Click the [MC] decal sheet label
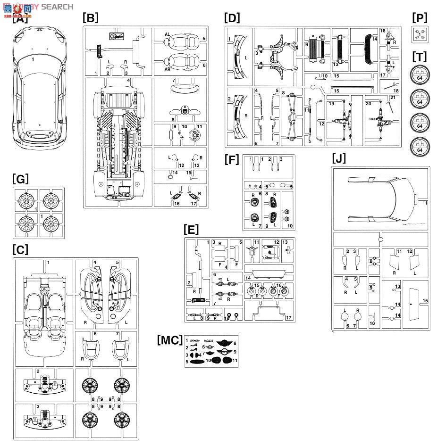click(x=169, y=340)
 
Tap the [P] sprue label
click(x=419, y=18)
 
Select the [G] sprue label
click(x=21, y=179)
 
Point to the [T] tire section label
click(x=419, y=57)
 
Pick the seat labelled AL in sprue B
click(x=177, y=41)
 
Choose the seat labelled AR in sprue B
click(x=177, y=62)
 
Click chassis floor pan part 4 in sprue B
click(x=118, y=141)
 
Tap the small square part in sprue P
click(x=419, y=33)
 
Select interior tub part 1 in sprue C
click(x=44, y=311)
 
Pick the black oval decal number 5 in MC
click(x=197, y=362)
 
